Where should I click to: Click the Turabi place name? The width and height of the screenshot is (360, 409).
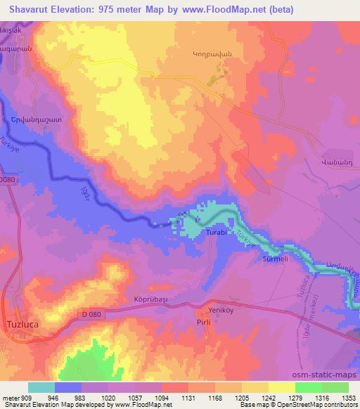[215, 231]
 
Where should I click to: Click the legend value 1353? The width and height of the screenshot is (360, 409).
[348, 396]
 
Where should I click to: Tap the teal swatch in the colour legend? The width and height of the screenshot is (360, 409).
[41, 387]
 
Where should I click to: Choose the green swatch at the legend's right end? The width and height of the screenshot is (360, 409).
[335, 387]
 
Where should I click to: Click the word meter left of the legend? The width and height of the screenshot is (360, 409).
[11, 396]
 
